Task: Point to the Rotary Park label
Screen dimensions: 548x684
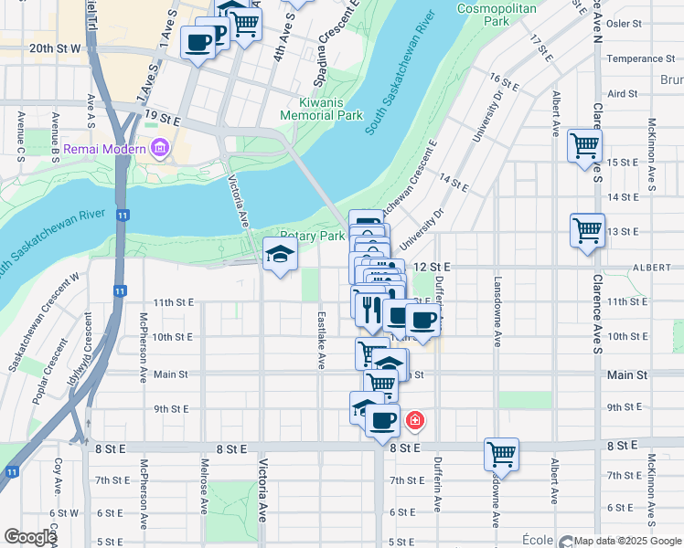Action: [313, 236]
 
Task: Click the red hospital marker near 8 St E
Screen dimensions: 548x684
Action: [415, 420]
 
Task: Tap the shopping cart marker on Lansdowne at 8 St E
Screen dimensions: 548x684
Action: [502, 453]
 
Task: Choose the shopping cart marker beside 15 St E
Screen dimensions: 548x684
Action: [584, 145]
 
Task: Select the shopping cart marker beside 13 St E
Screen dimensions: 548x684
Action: [587, 229]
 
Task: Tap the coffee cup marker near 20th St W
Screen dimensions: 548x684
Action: [198, 41]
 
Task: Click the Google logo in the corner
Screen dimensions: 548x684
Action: [30, 537]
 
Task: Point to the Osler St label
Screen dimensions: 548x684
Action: [632, 24]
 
